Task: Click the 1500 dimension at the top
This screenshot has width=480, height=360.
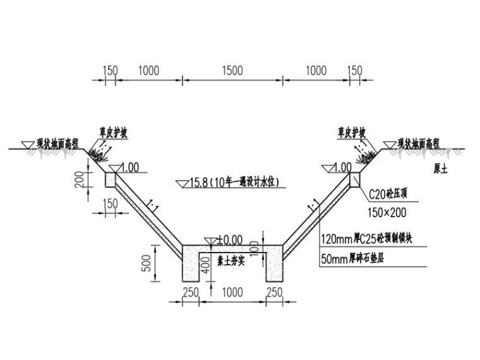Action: tap(232, 71)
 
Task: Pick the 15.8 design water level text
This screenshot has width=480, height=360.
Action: tap(234, 183)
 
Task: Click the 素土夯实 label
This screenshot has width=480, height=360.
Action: tap(231, 260)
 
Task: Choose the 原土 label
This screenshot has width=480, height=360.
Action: tap(440, 169)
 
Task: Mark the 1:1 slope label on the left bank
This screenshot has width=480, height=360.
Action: tap(152, 205)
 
